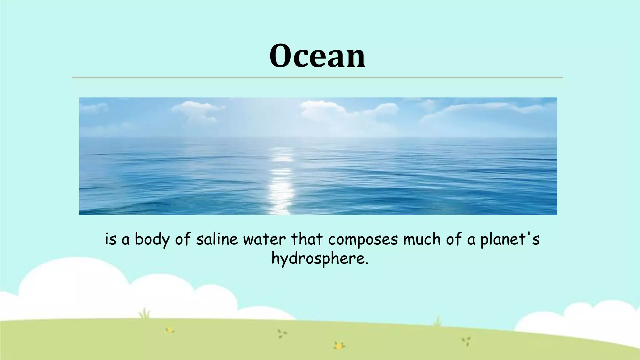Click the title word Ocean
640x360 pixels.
click(x=317, y=56)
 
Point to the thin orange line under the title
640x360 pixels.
click(x=317, y=77)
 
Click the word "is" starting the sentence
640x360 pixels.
click(x=111, y=240)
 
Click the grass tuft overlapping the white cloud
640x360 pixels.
click(x=144, y=313)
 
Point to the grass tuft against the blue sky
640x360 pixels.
click(x=437, y=321)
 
